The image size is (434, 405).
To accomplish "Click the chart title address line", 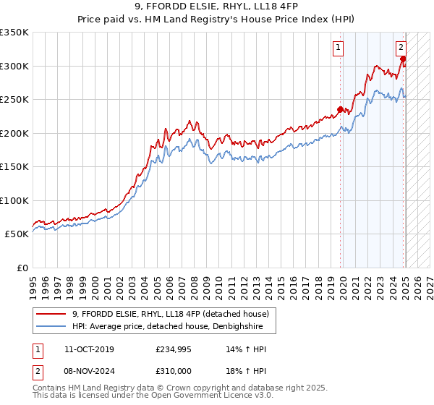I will pos(216,8).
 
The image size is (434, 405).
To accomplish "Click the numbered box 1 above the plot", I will pos(338,48).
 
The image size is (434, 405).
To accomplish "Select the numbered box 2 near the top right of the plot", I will pos(401,48).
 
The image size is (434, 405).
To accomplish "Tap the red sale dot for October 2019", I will pos(340,110).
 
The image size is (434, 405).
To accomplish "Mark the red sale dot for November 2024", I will pos(403,60).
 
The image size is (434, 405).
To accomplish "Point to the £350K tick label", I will pos(14,33).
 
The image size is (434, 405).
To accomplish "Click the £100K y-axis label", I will pos(14,200).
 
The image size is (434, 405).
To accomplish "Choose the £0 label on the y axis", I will pos(22,268).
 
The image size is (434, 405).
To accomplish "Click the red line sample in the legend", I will pos(51,314).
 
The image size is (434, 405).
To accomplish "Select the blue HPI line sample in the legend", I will pos(51,326).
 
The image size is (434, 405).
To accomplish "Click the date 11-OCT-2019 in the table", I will pos(89,349).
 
